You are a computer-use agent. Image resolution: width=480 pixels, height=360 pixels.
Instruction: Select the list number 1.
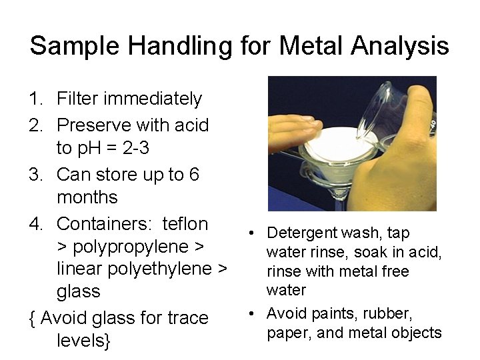(x=35, y=99)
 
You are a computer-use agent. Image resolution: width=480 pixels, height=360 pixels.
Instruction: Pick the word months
(x=87, y=198)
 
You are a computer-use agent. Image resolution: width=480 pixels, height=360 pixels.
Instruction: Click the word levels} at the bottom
(x=84, y=341)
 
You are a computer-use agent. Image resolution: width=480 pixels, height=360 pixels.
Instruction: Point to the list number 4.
(x=35, y=223)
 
